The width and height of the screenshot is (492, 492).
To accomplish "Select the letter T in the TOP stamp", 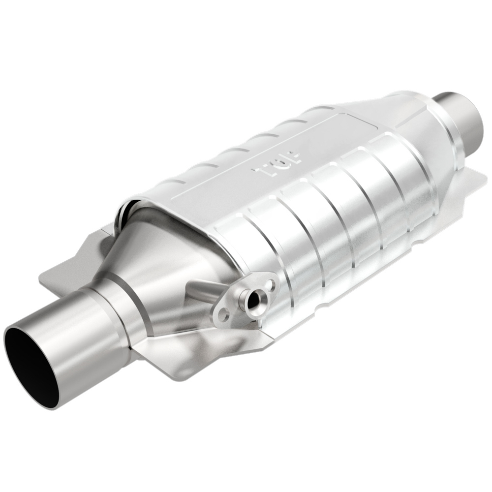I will click(260, 172).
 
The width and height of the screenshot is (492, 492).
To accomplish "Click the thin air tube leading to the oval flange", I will click(207, 290).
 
